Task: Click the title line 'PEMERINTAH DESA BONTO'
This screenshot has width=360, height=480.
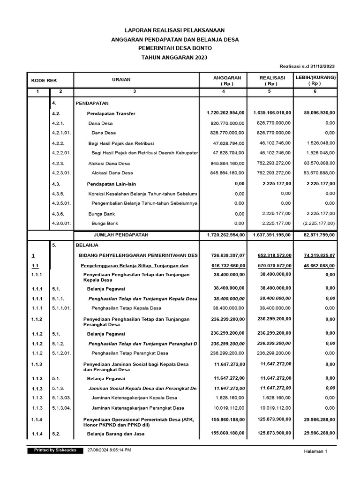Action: [175, 48]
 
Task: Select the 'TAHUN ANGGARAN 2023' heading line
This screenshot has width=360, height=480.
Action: [174, 57]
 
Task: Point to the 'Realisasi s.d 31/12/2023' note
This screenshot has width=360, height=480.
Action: [307, 67]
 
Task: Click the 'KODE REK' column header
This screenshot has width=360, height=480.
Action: [44, 80]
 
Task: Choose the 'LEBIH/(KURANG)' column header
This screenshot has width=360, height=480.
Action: [315, 77]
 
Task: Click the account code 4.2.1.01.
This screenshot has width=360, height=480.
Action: [62, 133]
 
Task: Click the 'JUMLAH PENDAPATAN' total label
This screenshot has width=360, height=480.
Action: [121, 234]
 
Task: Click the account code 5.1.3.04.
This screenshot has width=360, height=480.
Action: [62, 408]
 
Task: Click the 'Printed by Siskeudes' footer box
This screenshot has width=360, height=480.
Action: [55, 450]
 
